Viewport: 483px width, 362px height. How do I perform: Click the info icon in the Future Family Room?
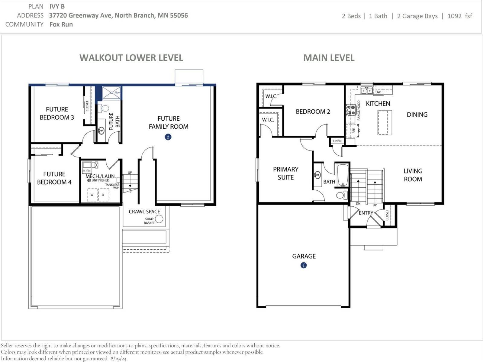(168, 137)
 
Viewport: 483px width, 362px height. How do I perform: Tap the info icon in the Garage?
(304, 265)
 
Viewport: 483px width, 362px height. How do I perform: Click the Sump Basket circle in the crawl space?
(159, 219)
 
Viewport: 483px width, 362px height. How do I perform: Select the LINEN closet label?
(337, 141)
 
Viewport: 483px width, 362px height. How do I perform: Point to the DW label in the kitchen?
(378, 92)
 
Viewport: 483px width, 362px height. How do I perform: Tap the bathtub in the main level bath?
(343, 175)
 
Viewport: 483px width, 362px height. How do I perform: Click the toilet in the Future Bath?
(103, 108)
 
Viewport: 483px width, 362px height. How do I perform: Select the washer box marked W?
(92, 195)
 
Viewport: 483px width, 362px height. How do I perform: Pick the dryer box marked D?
(103, 195)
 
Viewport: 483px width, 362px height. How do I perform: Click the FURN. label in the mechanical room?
(87, 171)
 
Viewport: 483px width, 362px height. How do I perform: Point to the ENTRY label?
(366, 213)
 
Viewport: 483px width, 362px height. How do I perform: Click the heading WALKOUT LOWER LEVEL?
(131, 58)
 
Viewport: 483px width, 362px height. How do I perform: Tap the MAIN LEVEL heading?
(329, 58)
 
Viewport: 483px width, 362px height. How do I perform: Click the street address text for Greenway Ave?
(118, 15)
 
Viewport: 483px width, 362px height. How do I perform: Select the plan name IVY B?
(57, 6)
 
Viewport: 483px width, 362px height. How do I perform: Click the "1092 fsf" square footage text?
(460, 16)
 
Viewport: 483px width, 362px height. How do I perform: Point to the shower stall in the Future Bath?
(111, 93)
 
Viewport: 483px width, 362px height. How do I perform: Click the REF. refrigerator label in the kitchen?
(354, 131)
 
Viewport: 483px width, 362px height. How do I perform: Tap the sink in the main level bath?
(317, 175)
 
